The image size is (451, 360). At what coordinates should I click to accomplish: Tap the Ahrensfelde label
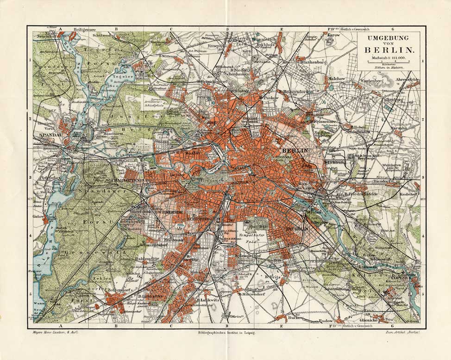click(x=407, y=80)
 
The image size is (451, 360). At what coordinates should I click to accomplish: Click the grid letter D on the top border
click(x=227, y=29)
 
